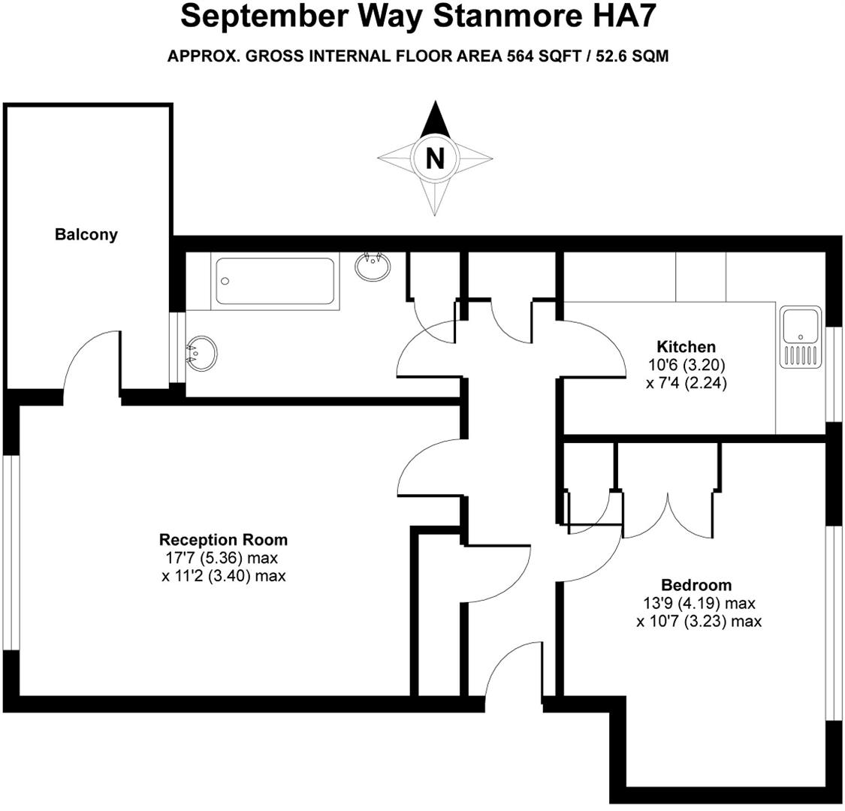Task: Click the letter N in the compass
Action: (434, 158)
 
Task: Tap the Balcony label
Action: (86, 234)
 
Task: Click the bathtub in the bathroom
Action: (274, 281)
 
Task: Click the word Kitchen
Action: (686, 347)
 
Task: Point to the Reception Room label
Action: (223, 540)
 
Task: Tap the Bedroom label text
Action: (696, 585)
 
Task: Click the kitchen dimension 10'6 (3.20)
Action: (686, 365)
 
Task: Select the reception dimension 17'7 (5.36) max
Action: (223, 558)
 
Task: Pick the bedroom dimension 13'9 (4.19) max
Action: (697, 604)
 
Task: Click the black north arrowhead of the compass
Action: (434, 120)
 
